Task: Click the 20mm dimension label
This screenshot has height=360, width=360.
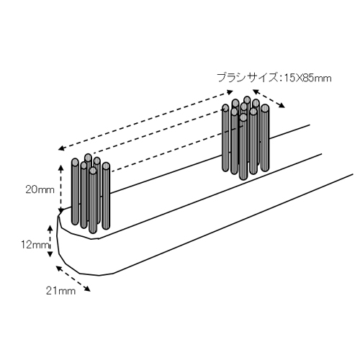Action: [x=40, y=190]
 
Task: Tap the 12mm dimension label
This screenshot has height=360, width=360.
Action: [x=35, y=245]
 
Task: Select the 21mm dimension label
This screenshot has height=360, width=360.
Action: [x=60, y=291]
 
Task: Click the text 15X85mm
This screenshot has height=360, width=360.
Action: [x=307, y=78]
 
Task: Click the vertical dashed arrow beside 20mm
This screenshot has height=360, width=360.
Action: [x=61, y=189]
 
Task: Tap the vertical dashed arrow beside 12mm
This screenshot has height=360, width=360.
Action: [x=50, y=241]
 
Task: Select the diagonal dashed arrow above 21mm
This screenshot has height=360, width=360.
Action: [x=73, y=279]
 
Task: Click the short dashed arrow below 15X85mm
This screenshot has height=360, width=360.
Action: [x=269, y=99]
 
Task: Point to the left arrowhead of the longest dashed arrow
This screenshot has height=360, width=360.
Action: [x=61, y=148]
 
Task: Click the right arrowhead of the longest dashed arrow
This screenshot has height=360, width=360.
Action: [x=230, y=91]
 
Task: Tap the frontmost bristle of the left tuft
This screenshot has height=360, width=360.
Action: [x=93, y=200]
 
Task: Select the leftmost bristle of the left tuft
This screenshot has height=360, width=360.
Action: [x=75, y=192]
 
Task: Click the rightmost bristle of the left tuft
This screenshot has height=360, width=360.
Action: [x=106, y=196]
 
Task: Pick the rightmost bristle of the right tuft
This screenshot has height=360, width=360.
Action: [x=264, y=138]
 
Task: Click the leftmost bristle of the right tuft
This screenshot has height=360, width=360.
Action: [x=225, y=138]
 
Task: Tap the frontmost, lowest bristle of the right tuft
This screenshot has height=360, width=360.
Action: [x=243, y=147]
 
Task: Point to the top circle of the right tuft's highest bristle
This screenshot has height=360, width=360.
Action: [x=247, y=99]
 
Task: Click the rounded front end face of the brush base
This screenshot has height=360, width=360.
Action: [x=72, y=250]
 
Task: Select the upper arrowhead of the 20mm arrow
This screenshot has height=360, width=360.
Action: [x=61, y=167]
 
